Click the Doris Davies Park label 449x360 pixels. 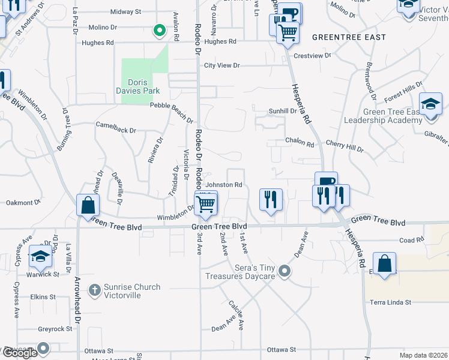click(142, 86)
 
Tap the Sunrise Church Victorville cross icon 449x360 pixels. click(94, 290)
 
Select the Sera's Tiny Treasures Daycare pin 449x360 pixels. click(285, 271)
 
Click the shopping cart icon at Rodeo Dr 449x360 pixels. click(205, 204)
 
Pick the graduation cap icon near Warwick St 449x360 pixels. click(40, 256)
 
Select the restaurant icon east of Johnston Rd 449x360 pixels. click(271, 199)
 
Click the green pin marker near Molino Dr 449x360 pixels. click(158, 29)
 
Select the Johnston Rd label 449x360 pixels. click(224, 185)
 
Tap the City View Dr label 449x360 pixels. click(222, 65)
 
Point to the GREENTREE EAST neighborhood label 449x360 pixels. click(341, 37)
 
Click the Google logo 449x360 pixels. click(20, 353)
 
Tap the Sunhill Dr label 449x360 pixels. click(283, 111)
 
